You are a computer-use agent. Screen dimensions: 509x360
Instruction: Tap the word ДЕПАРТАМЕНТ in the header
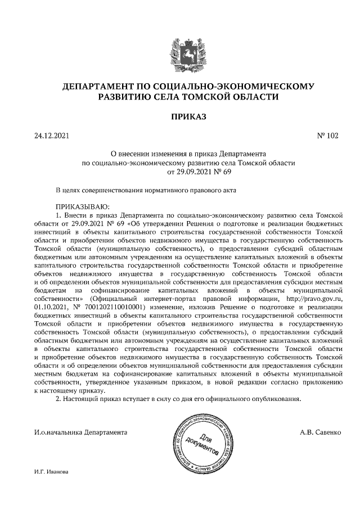pyautogui.click(x=97, y=87)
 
